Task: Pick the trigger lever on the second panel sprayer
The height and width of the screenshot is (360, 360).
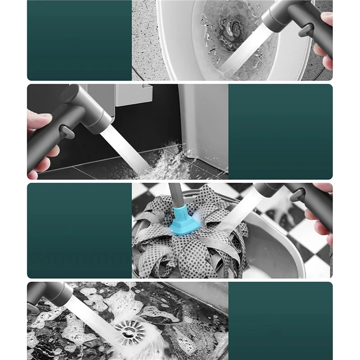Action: click(x=67, y=132)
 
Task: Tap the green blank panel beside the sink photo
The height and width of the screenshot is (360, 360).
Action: click(x=79, y=40)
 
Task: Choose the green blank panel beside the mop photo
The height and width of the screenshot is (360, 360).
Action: click(x=79, y=230)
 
